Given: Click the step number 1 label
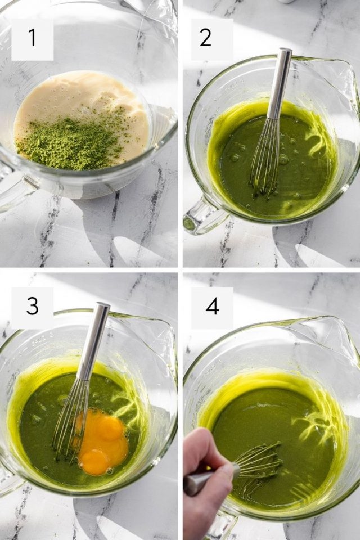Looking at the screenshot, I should coord(32,38).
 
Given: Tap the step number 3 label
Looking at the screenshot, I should coord(32,307).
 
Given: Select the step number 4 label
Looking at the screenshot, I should coord(211,307).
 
